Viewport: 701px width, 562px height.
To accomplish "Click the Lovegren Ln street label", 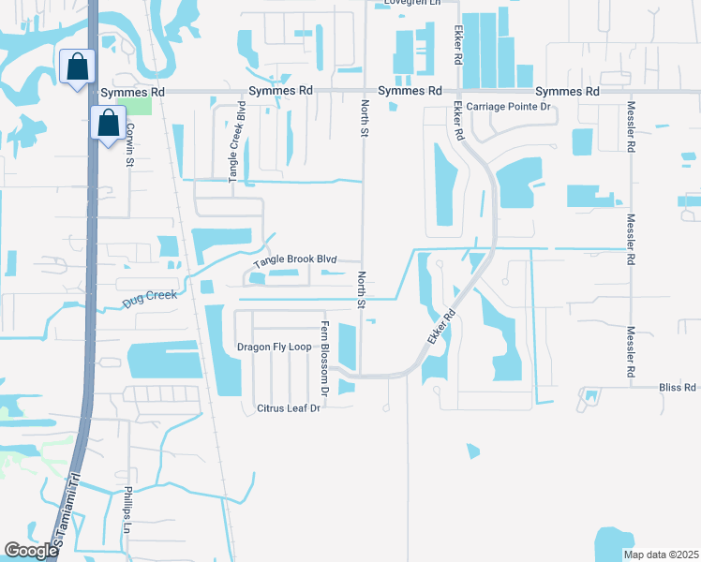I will click(x=408, y=3).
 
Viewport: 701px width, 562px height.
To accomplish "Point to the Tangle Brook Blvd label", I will click(x=295, y=259).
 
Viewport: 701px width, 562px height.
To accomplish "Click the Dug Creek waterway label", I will click(x=149, y=300).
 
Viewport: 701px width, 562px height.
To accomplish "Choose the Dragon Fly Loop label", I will click(x=274, y=347).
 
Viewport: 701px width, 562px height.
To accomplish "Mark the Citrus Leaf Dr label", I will click(x=289, y=408).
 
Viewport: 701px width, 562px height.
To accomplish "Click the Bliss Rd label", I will click(x=677, y=387).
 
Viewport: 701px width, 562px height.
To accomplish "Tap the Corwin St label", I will click(x=130, y=144).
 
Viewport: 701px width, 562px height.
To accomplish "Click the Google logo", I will click(x=31, y=551).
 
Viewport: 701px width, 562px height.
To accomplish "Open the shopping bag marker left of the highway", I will click(x=75, y=67).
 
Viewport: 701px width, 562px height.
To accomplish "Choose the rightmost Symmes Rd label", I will click(x=567, y=92).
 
